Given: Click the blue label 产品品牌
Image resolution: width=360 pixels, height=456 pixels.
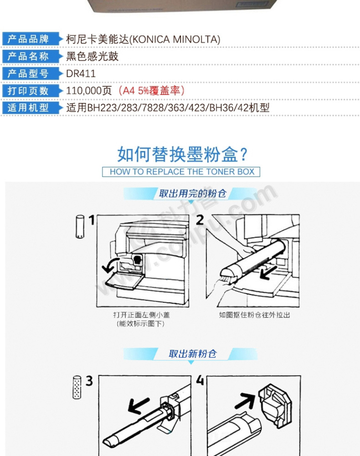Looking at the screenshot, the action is point(28,39).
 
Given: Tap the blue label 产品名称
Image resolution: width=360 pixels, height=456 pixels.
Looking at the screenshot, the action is point(28,56).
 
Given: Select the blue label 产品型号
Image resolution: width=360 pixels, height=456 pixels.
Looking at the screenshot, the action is point(28,73).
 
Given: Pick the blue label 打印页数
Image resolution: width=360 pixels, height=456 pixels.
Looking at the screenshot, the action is point(28,90).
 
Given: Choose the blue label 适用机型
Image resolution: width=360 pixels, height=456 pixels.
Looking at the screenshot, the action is point(28,108).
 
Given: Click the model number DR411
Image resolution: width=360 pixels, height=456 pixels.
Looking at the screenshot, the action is point(81,73).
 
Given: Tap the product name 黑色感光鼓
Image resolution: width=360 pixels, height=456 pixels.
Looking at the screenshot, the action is point(92,56).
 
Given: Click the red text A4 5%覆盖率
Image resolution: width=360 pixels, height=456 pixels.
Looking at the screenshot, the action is point(151,91).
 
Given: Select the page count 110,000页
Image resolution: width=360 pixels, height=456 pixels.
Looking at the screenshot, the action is point(89,91).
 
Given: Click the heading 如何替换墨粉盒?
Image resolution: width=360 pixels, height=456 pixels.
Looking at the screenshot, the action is point(182,155).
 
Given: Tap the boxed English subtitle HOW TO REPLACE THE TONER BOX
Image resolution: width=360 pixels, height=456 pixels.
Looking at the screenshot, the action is point(182,171).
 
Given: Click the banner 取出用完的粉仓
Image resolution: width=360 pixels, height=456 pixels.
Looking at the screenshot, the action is point(192,193).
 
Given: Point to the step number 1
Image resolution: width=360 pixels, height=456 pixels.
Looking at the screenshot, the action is point(92,220).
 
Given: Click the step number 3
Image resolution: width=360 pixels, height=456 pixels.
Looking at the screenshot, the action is point(89,381).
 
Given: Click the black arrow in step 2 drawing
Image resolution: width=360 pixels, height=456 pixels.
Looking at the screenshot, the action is point(268,273).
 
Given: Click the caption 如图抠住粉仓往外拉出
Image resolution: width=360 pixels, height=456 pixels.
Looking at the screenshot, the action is point(254,315).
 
